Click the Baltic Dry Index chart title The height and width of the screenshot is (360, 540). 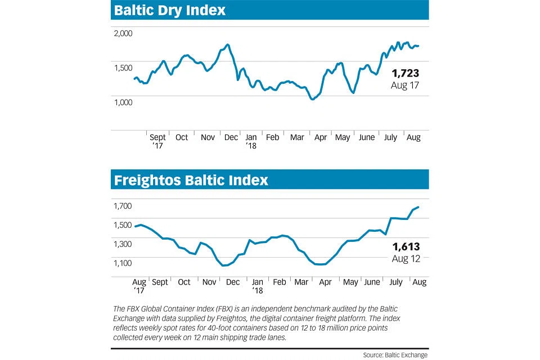click(x=170, y=10)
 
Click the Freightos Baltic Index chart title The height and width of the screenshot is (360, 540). click(x=191, y=181)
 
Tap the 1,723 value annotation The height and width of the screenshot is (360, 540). click(x=406, y=73)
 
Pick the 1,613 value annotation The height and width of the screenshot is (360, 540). click(x=406, y=246)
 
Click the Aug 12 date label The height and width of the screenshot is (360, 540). click(x=406, y=258)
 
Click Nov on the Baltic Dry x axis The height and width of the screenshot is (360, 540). click(x=208, y=137)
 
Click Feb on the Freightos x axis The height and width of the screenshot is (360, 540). click(x=280, y=282)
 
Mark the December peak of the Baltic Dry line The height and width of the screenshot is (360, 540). click(x=227, y=44)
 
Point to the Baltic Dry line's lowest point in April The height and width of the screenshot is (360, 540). click(x=313, y=99)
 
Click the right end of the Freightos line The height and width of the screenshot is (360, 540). click(x=418, y=207)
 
